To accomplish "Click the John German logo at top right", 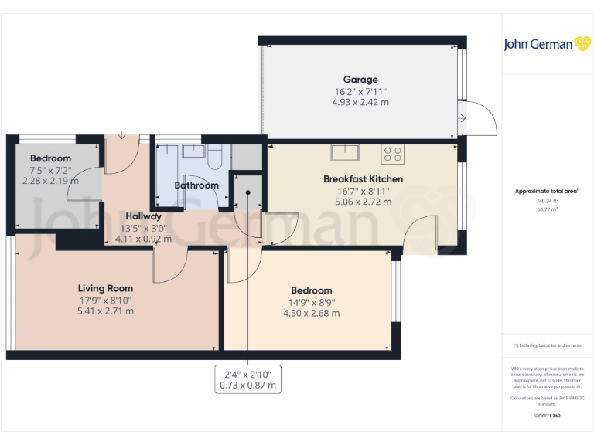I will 548,44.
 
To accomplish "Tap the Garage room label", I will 360,79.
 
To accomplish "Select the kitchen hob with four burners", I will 392,154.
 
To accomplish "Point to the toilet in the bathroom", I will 216,156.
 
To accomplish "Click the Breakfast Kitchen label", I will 363,179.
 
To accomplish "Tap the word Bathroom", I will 196,185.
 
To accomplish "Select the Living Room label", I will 105,289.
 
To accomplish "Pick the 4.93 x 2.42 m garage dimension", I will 360,101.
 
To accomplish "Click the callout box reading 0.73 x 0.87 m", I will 247,385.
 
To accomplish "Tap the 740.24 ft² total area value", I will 547,201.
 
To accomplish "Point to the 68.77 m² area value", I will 547,209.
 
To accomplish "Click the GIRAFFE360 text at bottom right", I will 547,416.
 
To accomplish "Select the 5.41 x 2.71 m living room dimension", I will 105,311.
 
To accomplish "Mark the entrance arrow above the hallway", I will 121,136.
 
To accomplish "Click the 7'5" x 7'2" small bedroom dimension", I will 51,170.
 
